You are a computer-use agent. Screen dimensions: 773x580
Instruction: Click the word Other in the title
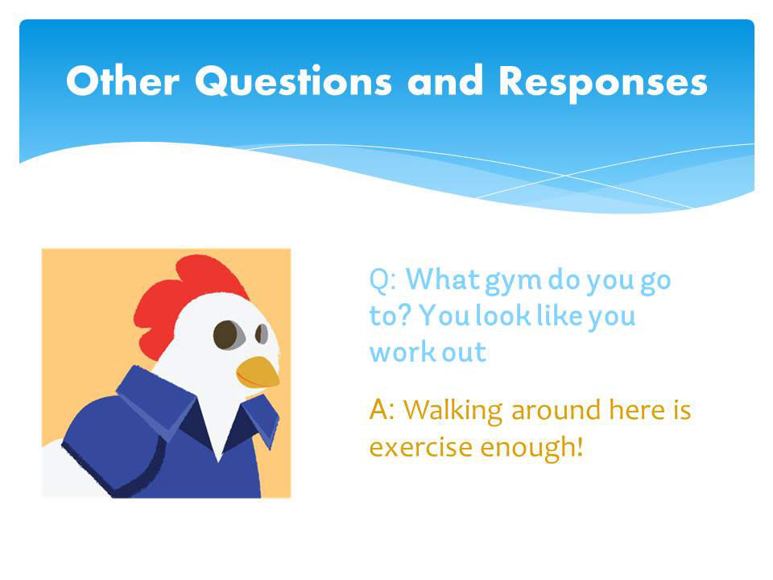tap(122, 81)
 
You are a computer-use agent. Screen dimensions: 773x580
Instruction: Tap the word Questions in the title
tap(294, 82)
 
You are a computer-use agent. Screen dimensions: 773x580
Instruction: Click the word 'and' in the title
tap(445, 81)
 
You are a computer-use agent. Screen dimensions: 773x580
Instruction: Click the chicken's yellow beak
tap(258, 372)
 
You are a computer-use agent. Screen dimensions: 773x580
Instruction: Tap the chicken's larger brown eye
tap(228, 335)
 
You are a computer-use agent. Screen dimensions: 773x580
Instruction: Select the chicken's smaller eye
tap(261, 334)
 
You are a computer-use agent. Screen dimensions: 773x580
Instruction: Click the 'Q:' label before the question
tap(382, 280)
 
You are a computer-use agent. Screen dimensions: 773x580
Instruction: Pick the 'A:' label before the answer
tap(382, 409)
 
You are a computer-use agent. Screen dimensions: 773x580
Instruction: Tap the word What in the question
tap(443, 280)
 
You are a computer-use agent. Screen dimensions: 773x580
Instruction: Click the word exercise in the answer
tap(421, 447)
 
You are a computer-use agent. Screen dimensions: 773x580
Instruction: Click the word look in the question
tap(502, 316)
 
